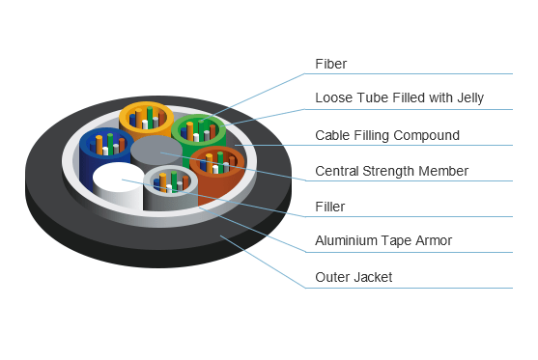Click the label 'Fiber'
click(x=330, y=64)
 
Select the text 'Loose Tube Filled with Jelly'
click(x=399, y=98)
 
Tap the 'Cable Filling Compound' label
click(x=387, y=135)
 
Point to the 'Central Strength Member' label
click(x=391, y=171)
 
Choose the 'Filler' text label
click(x=329, y=207)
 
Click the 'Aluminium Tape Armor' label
click(x=383, y=240)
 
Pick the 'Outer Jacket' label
click(x=354, y=277)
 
